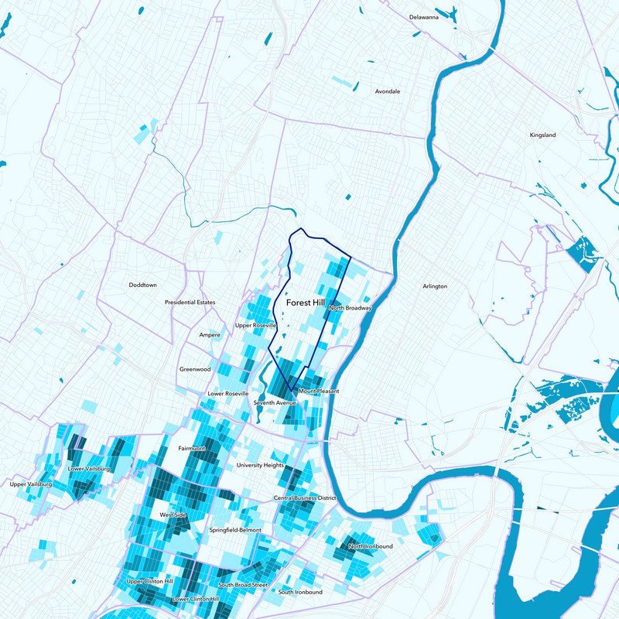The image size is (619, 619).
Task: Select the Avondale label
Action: [x=388, y=91]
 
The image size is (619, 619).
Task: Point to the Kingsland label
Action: [x=542, y=135]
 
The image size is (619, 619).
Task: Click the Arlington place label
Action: [x=435, y=286]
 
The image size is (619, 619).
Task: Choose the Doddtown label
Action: [x=142, y=285]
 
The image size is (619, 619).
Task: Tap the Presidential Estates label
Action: [x=190, y=303]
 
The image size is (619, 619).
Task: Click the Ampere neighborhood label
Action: [x=210, y=335]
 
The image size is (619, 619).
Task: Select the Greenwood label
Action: [x=195, y=369]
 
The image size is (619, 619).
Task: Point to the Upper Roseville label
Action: [x=255, y=326]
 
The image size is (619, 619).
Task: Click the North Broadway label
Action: [x=351, y=308]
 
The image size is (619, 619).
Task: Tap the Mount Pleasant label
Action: [x=318, y=392]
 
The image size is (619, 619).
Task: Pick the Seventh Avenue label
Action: [x=275, y=403]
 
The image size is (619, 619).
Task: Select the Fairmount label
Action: [x=192, y=448]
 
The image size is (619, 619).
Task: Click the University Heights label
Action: [x=260, y=465]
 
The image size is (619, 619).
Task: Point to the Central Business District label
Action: [x=305, y=498]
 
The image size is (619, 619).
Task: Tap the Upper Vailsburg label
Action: [x=30, y=484]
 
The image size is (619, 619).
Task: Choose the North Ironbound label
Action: [x=371, y=546]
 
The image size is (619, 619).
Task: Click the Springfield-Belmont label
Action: [x=235, y=530]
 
